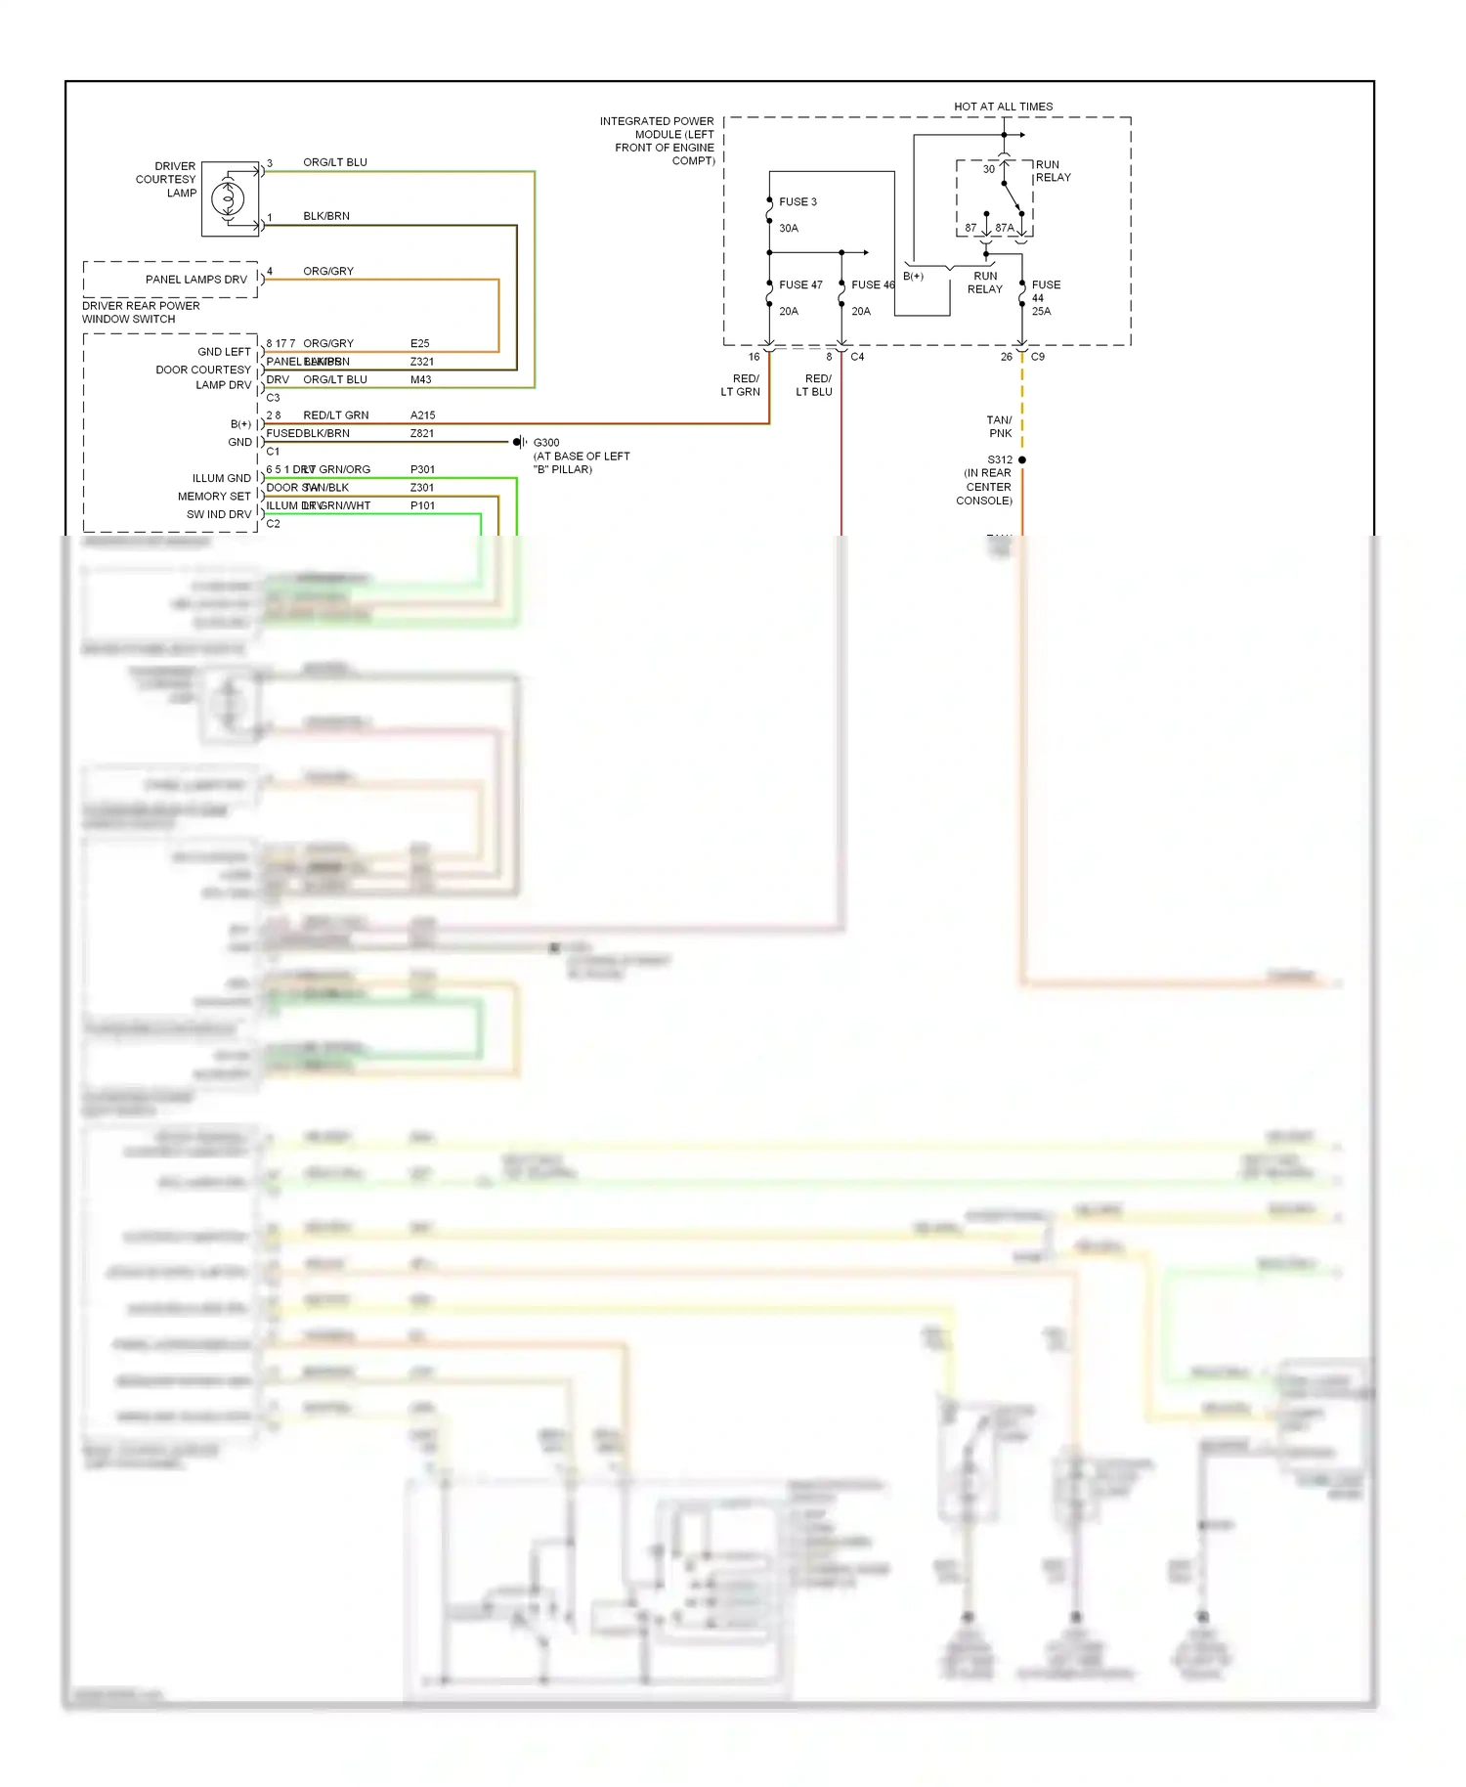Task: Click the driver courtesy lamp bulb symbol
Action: coord(229,198)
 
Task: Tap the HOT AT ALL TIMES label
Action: coord(1003,107)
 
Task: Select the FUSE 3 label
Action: coord(798,202)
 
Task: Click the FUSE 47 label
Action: coord(800,285)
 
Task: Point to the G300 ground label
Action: coord(546,443)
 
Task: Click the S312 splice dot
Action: coord(1022,459)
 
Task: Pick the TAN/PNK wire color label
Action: coord(999,427)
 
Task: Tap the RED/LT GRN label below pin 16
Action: coord(741,385)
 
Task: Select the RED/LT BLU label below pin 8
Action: coord(814,385)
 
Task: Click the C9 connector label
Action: coord(1038,357)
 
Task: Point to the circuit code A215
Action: coord(422,415)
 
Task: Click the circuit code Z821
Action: coord(421,433)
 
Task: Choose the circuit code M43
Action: coord(420,379)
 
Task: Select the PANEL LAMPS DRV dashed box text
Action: coord(195,280)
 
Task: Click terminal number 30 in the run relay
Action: coord(988,169)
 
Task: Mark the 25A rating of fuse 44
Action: coord(1041,311)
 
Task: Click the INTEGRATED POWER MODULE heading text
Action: coord(657,141)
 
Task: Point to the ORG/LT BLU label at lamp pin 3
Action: coord(335,162)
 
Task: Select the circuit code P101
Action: coord(422,505)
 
